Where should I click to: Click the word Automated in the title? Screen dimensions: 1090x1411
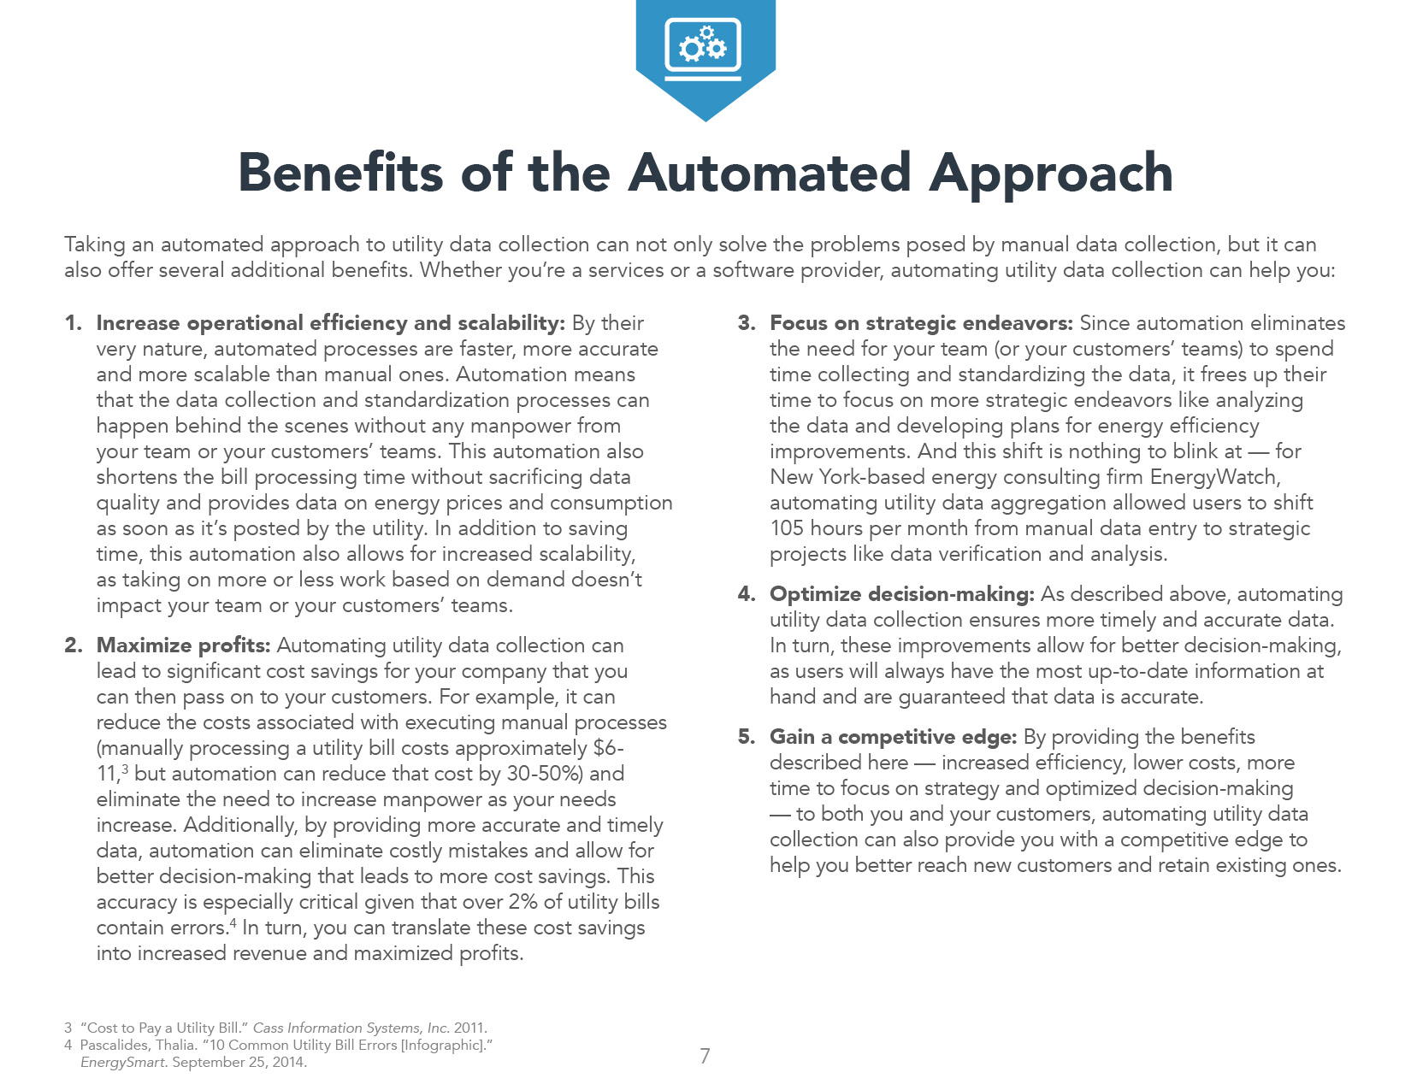pos(770,173)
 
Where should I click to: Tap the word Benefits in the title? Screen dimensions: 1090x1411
pos(340,173)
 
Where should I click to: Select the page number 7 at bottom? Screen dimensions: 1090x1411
pos(705,1057)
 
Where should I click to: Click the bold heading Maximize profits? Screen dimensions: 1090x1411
pos(183,645)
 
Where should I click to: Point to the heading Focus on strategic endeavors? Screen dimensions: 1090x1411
pos(921,323)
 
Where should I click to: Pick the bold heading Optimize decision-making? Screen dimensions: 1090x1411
pos(902,594)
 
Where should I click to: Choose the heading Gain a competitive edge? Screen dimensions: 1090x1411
pos(893,737)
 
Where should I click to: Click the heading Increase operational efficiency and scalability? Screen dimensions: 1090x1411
pos(330,323)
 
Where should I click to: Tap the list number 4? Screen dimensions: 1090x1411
pos(746,594)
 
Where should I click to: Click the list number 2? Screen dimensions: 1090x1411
pos(73,645)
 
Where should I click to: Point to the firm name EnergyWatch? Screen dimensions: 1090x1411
pos(1214,477)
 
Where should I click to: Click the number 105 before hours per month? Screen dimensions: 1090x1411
pos(787,528)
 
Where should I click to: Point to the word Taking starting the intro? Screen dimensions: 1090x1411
pos(94,245)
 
